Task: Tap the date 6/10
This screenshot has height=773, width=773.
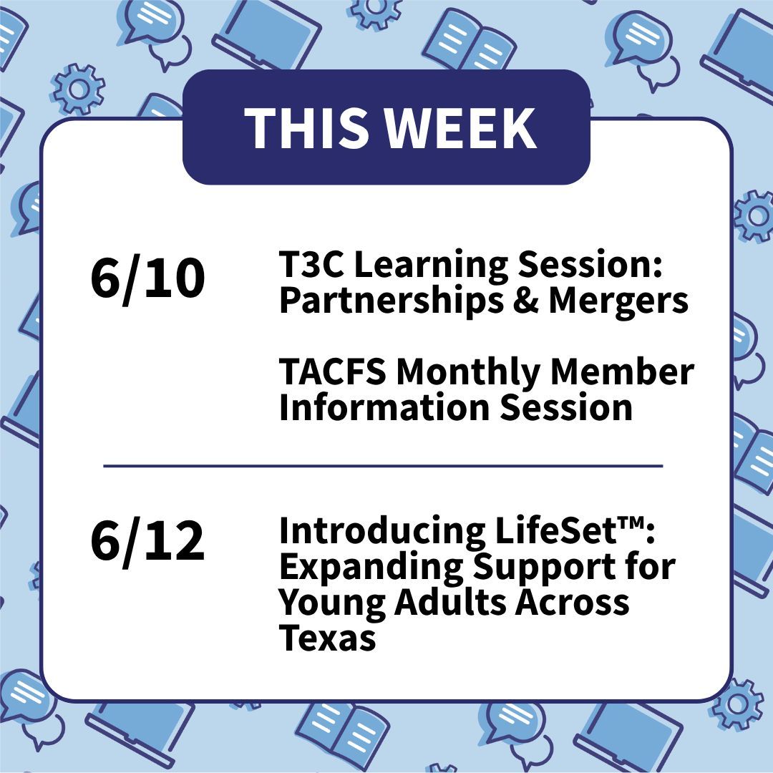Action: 147,279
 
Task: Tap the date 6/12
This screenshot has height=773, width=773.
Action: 147,542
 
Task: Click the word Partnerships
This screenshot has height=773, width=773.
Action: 379,301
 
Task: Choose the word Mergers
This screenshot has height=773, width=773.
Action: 618,301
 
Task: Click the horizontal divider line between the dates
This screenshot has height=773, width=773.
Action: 383,466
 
